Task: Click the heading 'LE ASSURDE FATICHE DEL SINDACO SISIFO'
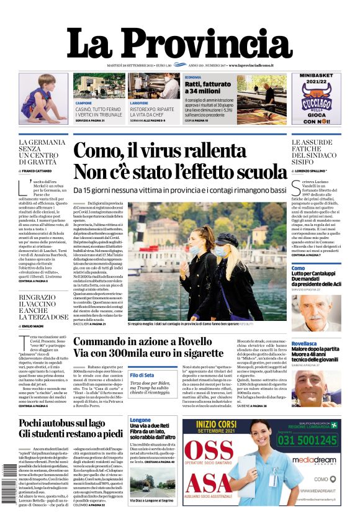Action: pos(316,153)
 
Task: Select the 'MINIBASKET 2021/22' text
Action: pos(316,82)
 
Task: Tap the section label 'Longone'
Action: pos(140,420)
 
